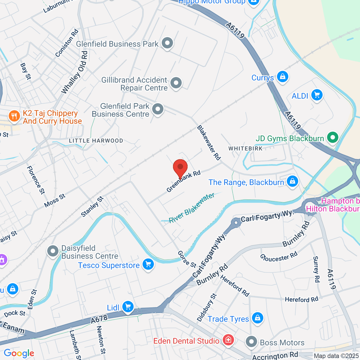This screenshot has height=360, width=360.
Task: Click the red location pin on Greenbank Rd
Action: coord(180,167)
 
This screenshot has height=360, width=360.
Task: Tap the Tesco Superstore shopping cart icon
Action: coord(148,265)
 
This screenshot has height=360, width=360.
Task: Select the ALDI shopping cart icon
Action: coord(317,95)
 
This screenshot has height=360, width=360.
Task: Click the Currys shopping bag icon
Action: coord(282,77)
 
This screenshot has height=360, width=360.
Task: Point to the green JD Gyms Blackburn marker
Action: coord(332,138)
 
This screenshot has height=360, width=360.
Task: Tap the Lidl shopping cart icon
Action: coord(128,307)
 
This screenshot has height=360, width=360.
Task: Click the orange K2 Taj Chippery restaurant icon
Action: coord(14,116)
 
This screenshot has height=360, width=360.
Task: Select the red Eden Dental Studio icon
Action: coord(228,340)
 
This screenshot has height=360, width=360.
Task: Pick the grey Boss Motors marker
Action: coord(251,342)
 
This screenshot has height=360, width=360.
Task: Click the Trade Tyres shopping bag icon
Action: coord(257,318)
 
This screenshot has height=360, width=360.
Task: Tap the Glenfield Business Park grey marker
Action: coord(167,43)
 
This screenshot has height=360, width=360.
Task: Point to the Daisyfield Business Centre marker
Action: coord(53,251)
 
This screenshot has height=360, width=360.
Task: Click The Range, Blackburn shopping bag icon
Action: coord(292,181)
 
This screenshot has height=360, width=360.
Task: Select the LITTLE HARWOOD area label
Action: coord(96,141)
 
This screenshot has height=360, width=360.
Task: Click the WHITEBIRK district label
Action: coord(245,148)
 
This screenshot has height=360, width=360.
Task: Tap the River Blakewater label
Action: coord(192,208)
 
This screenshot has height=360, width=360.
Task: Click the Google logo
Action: coord(19,353)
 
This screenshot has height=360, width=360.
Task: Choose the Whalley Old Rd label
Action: coord(75,73)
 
